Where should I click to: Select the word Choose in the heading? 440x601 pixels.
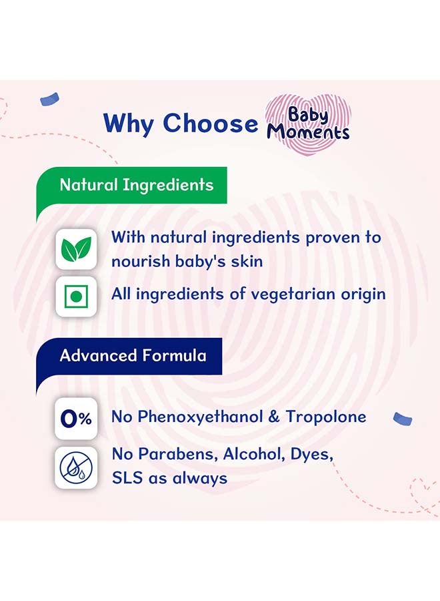210,124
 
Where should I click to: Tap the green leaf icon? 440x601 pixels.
76,249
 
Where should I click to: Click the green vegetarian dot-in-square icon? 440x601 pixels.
76,294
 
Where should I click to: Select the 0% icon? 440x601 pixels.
76,419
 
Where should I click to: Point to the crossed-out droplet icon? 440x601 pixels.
76,467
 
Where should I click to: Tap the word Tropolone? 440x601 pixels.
326,417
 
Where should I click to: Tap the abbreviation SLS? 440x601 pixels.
125,478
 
